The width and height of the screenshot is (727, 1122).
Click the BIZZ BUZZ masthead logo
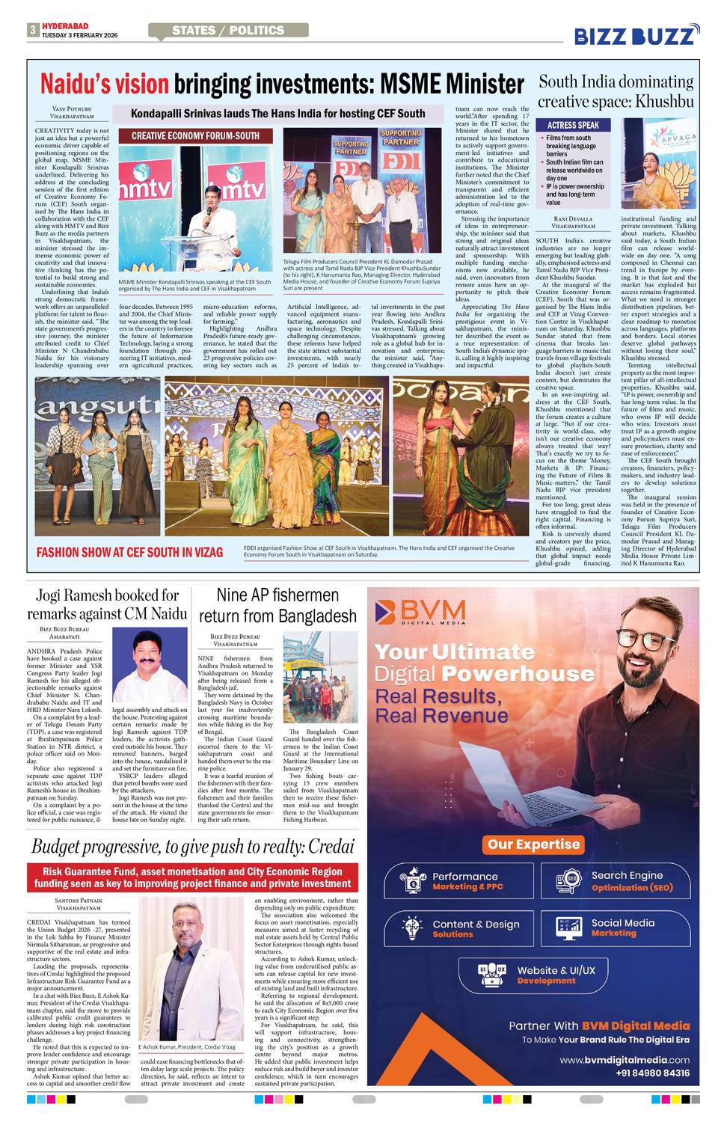(636, 34)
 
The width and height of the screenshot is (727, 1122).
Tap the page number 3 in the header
(33, 30)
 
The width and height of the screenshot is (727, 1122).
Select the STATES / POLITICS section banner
(228, 31)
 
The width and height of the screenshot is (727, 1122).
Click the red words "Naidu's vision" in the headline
(104, 84)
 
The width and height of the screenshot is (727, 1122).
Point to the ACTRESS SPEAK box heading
(573, 125)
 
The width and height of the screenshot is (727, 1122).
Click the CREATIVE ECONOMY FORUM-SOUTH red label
(195, 136)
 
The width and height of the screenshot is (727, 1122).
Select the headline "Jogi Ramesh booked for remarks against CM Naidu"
(107, 604)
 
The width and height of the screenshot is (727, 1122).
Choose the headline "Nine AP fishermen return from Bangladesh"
(277, 605)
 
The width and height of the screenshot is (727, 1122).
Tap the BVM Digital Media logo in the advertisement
(421, 611)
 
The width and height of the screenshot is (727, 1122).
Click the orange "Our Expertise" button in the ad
(533, 844)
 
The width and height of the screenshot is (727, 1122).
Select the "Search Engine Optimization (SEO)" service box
(615, 881)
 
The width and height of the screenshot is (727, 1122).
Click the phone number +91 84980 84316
(652, 1073)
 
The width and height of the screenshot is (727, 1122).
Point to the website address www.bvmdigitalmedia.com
(625, 1060)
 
